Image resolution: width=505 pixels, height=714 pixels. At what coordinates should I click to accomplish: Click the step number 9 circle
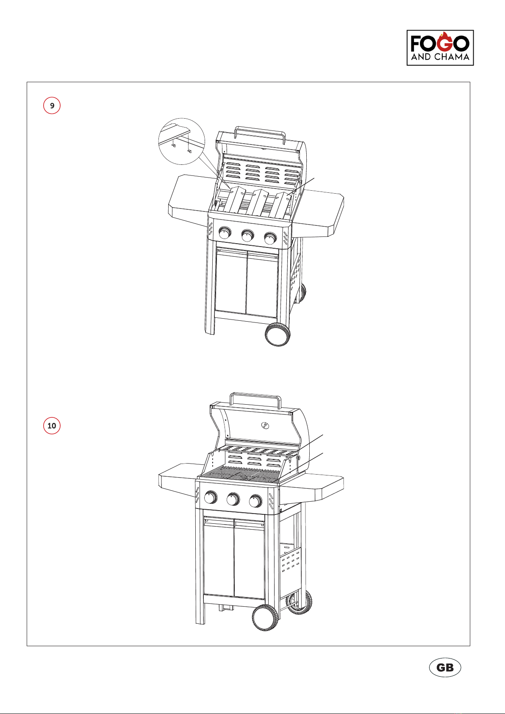(x=52, y=106)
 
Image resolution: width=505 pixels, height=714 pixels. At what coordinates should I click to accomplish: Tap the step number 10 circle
(x=52, y=425)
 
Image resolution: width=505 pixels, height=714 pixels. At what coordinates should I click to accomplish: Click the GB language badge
(x=445, y=667)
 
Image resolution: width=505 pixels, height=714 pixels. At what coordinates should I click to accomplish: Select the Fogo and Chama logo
(x=440, y=48)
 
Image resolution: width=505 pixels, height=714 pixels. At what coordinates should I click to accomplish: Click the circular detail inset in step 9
(x=182, y=141)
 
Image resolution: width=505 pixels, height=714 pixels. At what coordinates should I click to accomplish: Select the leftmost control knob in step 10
(x=211, y=497)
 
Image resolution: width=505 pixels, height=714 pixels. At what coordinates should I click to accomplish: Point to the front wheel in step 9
(x=277, y=334)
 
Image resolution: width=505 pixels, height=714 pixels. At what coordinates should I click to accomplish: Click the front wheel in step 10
(x=265, y=617)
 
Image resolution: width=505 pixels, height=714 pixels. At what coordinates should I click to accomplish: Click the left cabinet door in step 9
(x=231, y=280)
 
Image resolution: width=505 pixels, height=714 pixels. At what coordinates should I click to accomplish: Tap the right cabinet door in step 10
(x=250, y=559)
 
